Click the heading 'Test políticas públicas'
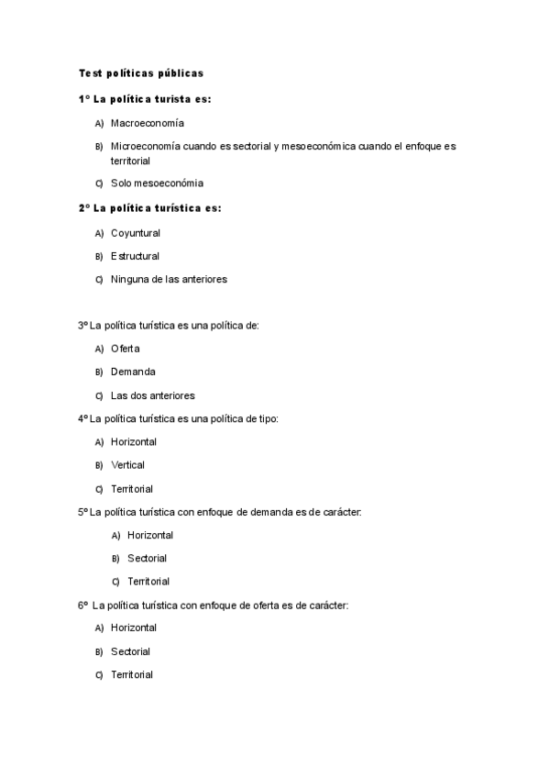click(x=140, y=72)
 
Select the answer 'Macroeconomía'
click(x=148, y=122)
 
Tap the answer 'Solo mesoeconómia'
click(x=157, y=183)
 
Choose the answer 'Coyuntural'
click(x=136, y=233)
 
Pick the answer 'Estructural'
click(x=136, y=256)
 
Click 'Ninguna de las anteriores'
click(x=169, y=279)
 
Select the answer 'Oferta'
click(x=126, y=349)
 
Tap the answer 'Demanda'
click(x=133, y=372)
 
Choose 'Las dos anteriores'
click(x=153, y=395)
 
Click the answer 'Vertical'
click(x=128, y=465)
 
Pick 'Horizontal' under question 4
click(x=134, y=441)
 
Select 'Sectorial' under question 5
click(x=148, y=558)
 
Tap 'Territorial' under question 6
click(x=132, y=674)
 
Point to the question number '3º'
click(x=83, y=325)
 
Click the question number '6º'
click(x=83, y=605)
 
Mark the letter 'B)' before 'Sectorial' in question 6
click(x=99, y=651)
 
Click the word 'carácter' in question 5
click(x=342, y=511)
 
